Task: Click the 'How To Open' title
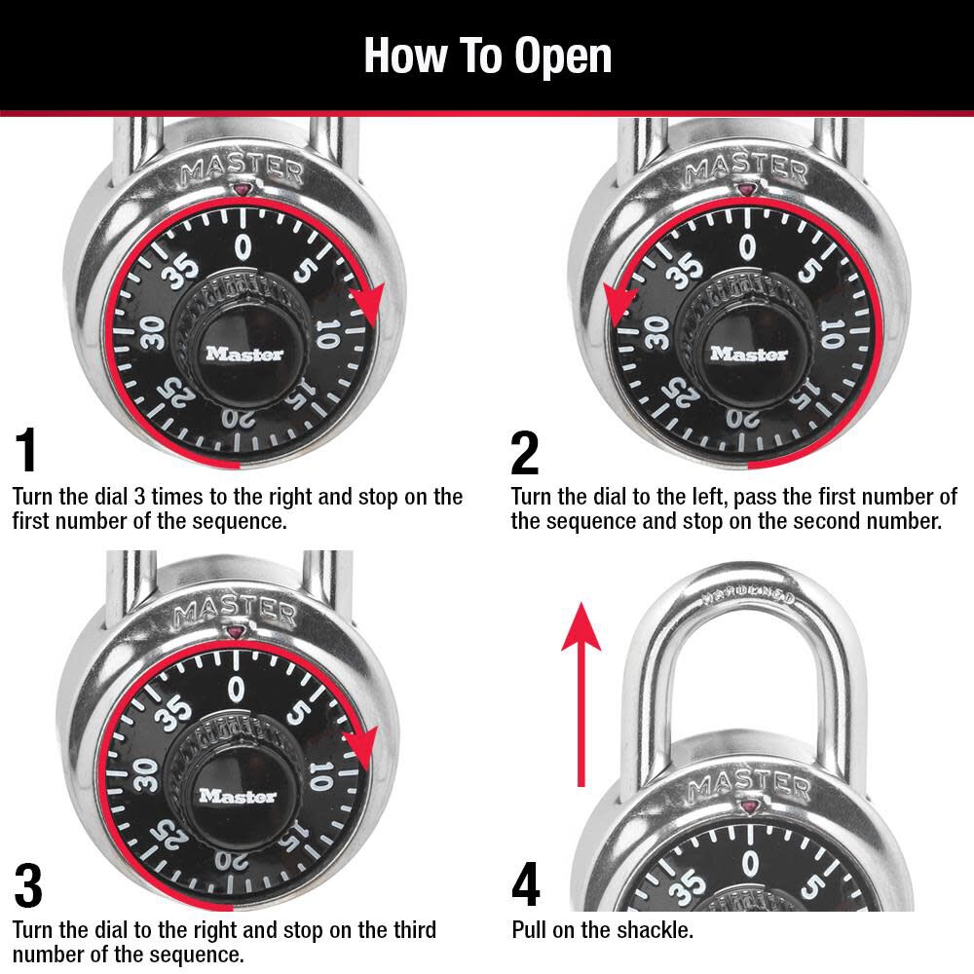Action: click(x=487, y=56)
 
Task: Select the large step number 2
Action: click(x=525, y=452)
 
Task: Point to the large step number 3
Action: click(x=28, y=885)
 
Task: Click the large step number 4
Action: click(x=526, y=885)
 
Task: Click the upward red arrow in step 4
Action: click(x=581, y=692)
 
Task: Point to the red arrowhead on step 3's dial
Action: click(x=361, y=747)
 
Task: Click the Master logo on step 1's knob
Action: click(x=243, y=355)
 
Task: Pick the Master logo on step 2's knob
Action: click(x=748, y=355)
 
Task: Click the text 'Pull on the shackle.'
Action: click(x=602, y=930)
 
